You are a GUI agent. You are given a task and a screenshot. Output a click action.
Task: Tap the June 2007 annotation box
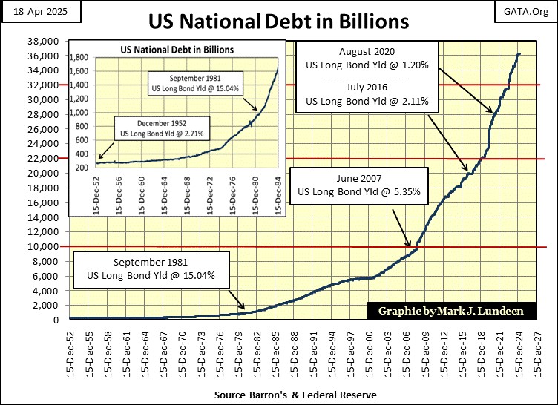(358, 185)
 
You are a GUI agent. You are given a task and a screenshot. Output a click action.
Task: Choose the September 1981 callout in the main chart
(151, 269)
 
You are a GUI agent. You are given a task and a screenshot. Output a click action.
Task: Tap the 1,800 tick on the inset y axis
(79, 57)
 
